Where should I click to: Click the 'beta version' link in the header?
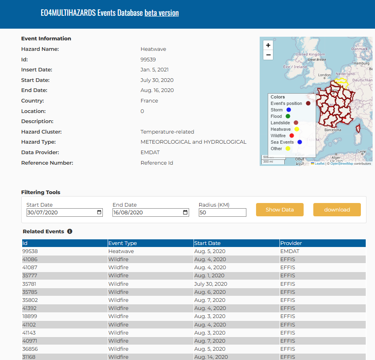click(162, 13)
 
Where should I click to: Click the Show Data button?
click(279, 210)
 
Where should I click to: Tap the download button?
click(337, 210)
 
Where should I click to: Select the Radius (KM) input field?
click(223, 213)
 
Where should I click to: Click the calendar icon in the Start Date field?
click(99, 212)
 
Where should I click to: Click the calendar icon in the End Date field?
click(185, 212)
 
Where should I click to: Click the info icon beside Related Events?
click(70, 232)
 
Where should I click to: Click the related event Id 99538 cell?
click(30, 251)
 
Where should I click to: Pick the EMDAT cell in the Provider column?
click(290, 251)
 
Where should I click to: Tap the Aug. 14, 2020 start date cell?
click(211, 357)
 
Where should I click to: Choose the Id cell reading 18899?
click(30, 316)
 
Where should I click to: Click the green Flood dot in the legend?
click(288, 116)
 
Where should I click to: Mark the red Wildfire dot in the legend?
click(292, 136)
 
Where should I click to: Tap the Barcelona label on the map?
click(333, 130)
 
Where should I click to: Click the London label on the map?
click(324, 75)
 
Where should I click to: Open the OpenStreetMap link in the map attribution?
click(342, 164)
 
